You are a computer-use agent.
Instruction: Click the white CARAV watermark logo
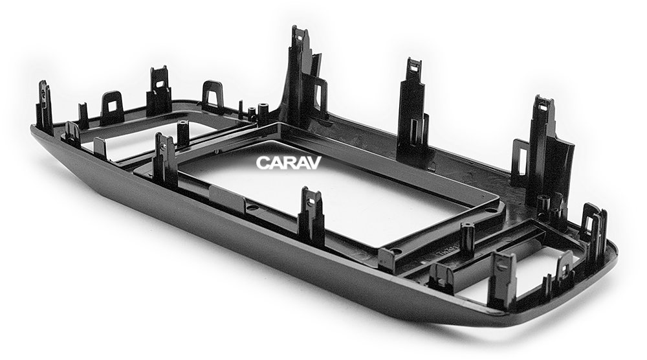[288, 163]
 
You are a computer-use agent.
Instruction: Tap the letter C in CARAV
[263, 163]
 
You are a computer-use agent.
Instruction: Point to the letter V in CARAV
[314, 163]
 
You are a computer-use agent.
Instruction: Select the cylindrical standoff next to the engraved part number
[467, 239]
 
